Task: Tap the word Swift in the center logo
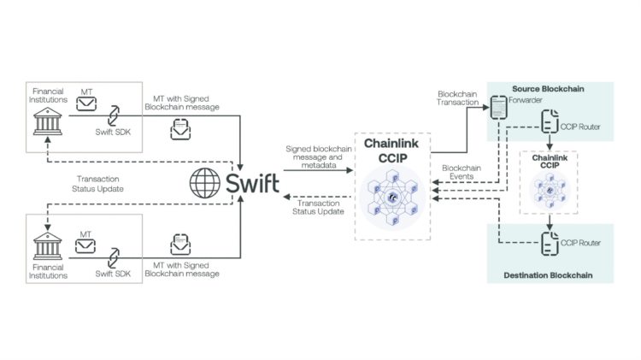coord(253,183)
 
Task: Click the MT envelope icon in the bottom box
coord(87,245)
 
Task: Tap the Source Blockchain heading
coord(547,89)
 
